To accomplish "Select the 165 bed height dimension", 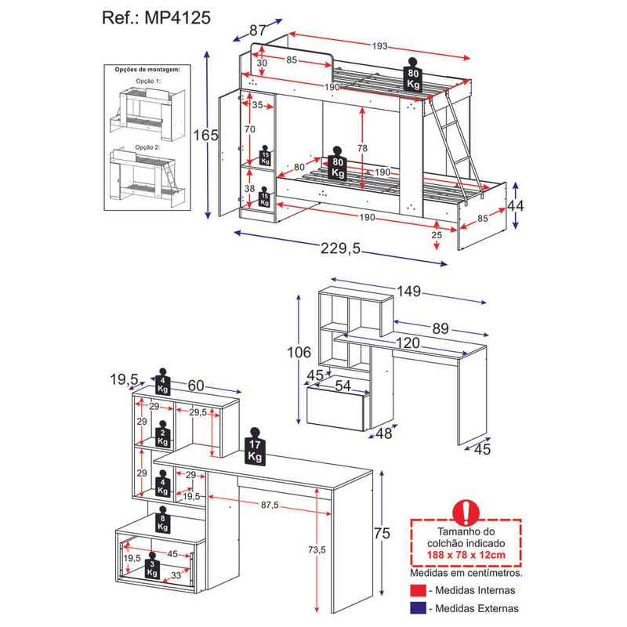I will point(206,136).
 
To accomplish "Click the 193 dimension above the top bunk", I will point(380,46).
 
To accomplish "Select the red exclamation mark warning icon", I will point(466,511).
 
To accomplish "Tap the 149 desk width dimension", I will point(408,292).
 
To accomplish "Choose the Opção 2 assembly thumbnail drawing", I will point(147,177).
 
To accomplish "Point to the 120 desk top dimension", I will point(408,342).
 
